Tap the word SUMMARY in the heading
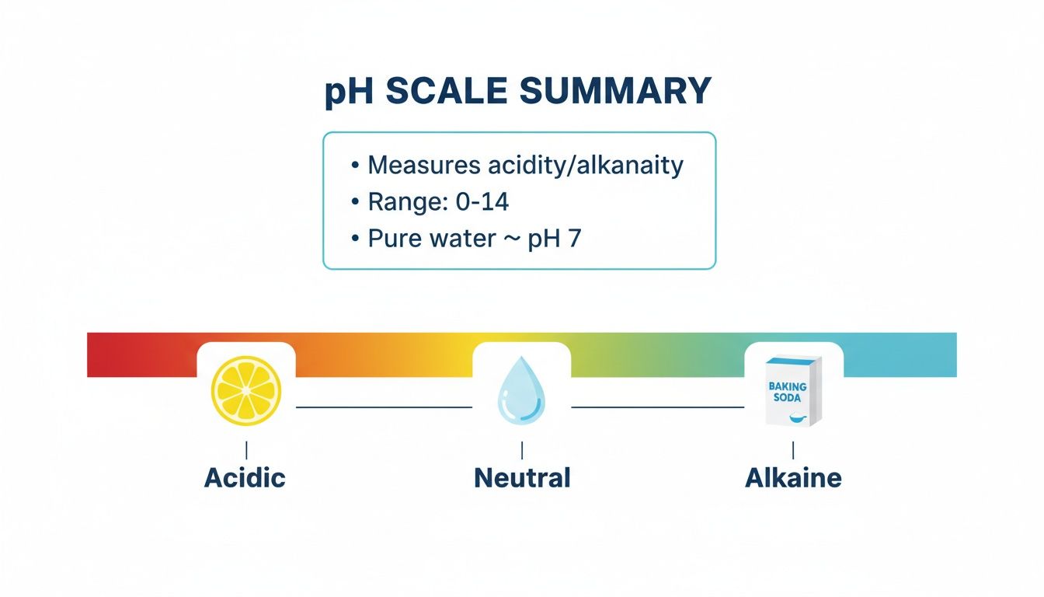(614, 92)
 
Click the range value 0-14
(482, 202)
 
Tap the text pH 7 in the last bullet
(554, 239)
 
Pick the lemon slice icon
(246, 391)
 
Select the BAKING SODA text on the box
(788, 392)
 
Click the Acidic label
(245, 477)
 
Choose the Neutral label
(522, 477)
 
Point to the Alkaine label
(793, 477)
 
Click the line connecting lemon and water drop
(384, 407)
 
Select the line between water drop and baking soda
(657, 407)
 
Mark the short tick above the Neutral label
(522, 449)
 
